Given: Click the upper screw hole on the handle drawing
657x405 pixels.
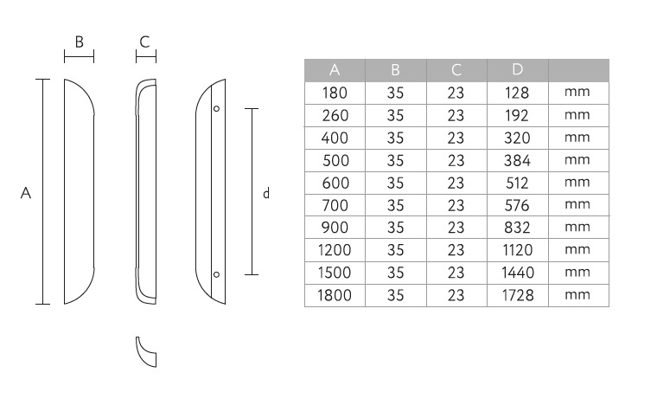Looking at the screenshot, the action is click(216, 108).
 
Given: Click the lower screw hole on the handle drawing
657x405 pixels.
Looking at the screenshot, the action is click(216, 274).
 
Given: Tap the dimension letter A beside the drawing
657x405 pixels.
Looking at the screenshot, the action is click(26, 193).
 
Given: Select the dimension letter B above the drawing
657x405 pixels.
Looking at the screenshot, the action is click(80, 42).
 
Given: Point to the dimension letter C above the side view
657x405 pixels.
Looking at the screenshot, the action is click(144, 42).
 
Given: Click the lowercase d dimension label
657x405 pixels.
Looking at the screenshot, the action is click(266, 193).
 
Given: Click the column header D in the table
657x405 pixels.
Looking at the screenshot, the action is click(518, 69).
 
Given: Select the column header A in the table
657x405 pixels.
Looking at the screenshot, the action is click(335, 69).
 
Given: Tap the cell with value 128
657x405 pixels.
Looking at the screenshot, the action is click(517, 93).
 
